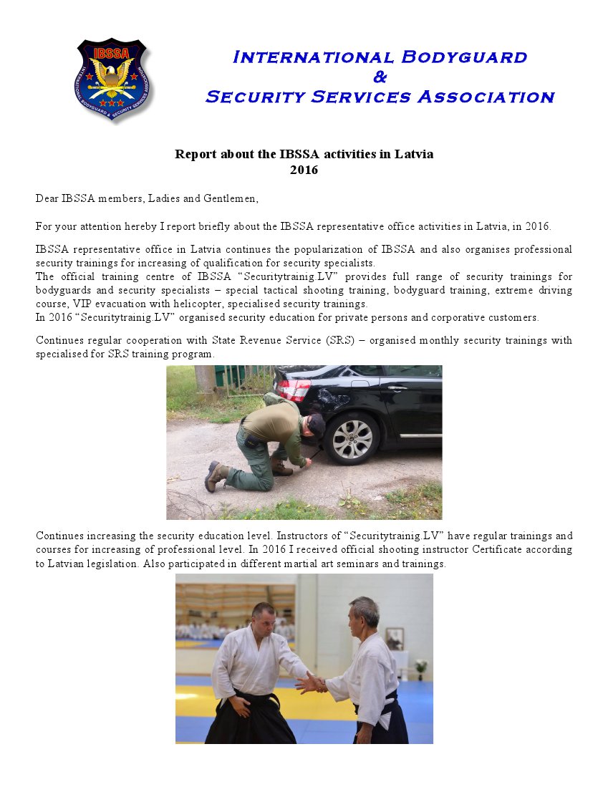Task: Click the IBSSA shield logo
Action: (x=112, y=79)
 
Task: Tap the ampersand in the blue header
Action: (x=380, y=77)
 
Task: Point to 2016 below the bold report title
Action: (x=304, y=170)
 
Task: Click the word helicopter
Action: (x=198, y=304)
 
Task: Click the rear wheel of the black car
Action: (x=352, y=438)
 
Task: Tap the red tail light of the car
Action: (x=294, y=390)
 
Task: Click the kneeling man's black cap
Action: (x=316, y=425)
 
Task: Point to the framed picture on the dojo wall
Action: (x=395, y=637)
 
